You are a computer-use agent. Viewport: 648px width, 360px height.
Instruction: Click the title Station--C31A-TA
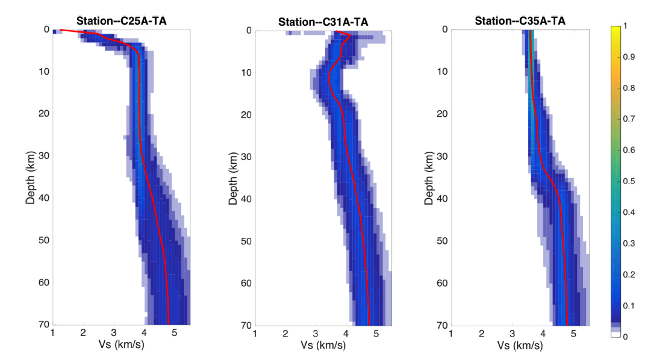click(x=323, y=22)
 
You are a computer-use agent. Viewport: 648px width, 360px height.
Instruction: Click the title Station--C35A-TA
click(x=520, y=21)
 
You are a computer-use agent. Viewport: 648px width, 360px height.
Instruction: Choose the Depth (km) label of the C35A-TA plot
click(x=429, y=177)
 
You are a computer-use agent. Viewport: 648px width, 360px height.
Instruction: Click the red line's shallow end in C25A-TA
click(x=61, y=29)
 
